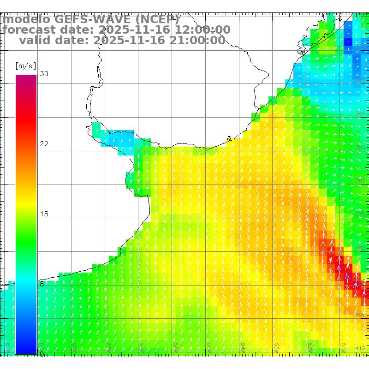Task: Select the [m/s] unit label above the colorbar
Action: point(25,65)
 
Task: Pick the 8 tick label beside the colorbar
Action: point(42,284)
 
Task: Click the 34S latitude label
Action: point(361,113)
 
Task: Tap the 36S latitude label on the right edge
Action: point(361,181)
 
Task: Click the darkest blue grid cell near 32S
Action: point(349,42)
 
